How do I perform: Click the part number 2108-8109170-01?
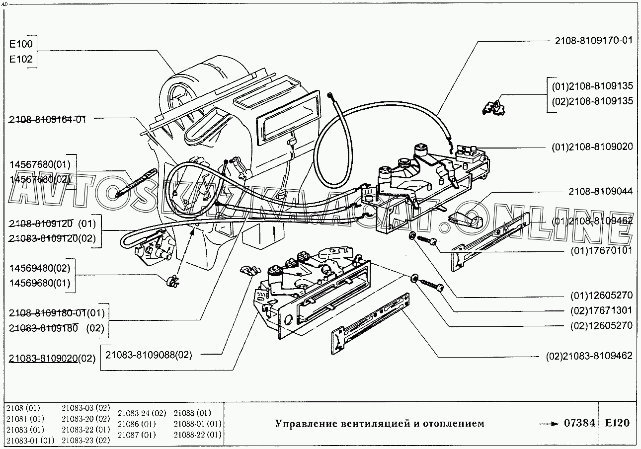(x=594, y=41)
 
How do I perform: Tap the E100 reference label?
(x=21, y=44)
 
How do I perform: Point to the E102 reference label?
(x=21, y=59)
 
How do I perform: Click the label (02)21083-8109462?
(x=589, y=356)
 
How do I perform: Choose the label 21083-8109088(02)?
(x=148, y=354)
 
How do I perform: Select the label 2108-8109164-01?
(x=47, y=119)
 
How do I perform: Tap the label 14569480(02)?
(x=40, y=268)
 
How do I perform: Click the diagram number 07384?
(x=579, y=423)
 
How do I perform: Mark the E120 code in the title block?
(x=617, y=423)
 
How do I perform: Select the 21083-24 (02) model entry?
(x=142, y=413)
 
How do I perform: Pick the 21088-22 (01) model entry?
(x=198, y=435)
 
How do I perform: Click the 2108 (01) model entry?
(x=23, y=408)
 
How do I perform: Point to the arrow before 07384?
(x=549, y=424)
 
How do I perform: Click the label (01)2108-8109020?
(x=592, y=147)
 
